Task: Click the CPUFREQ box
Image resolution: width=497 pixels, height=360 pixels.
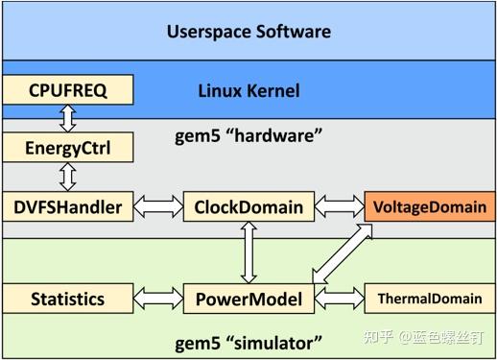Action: (66, 90)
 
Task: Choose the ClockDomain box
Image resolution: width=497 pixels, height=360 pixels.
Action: (248, 205)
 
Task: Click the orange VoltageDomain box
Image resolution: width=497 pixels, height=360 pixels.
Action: (428, 205)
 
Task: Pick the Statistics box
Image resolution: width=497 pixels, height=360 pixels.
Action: (66, 299)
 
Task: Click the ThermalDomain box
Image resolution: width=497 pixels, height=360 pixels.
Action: (428, 299)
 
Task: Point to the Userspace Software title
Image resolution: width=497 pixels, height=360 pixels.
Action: (248, 32)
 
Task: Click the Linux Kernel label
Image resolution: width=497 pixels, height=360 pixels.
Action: (248, 91)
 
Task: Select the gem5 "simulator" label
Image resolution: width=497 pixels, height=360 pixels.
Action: (248, 341)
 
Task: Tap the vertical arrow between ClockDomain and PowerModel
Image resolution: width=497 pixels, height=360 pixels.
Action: (248, 252)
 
